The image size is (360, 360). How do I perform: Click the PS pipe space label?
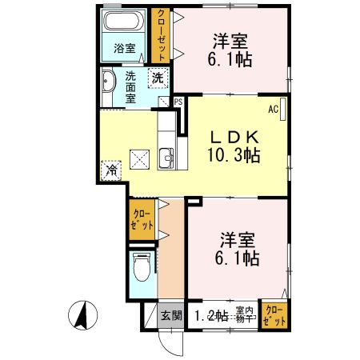[177, 102]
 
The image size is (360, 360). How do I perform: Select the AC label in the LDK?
[272, 109]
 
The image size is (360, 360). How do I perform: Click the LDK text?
[231, 135]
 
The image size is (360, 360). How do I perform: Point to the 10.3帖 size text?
[231, 155]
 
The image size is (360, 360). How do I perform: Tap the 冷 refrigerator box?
[112, 170]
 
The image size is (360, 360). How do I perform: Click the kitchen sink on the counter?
[167, 158]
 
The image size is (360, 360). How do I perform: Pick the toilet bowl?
[142, 267]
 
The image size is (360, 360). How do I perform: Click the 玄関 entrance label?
[170, 314]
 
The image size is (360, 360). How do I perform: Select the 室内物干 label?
[245, 314]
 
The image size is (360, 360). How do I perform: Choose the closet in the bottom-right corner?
[273, 314]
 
